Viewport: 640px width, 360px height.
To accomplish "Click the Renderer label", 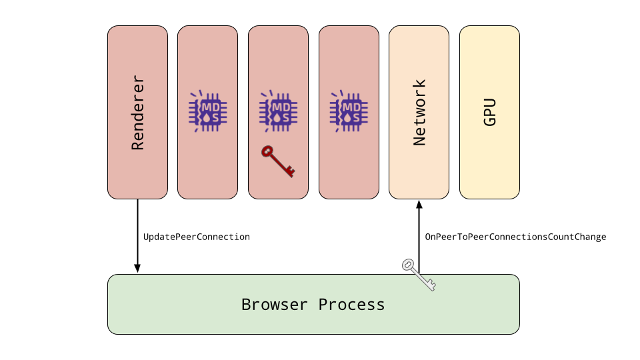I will pos(137,112).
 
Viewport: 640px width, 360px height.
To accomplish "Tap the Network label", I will pos(419,112).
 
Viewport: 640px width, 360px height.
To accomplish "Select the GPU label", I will pos(490,112).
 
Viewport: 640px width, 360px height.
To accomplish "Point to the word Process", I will pos(351,305).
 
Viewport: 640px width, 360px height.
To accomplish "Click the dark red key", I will pos(278,161).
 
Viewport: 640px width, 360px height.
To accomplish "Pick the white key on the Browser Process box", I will pos(419,275).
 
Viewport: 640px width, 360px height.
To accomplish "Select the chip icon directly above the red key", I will pos(279,111).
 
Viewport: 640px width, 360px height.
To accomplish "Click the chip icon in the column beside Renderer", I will pos(208,111).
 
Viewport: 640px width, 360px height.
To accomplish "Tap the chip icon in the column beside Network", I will pos(349,111).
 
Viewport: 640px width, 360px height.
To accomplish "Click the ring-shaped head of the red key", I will pos(267,151).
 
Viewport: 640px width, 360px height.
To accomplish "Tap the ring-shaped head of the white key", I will pos(408,265).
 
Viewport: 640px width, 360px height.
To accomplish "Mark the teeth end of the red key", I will pos(291,173).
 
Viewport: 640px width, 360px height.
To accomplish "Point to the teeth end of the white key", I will pos(431,286).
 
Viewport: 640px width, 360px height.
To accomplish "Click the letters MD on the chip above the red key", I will pos(281,107).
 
